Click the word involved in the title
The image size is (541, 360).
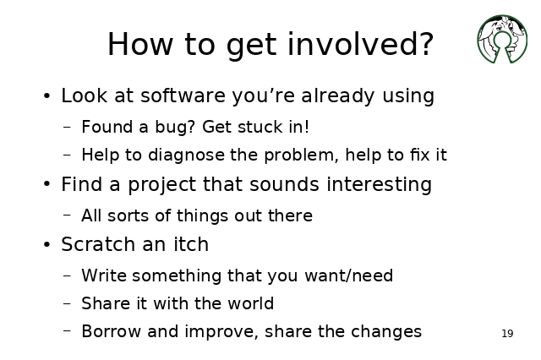[360, 44]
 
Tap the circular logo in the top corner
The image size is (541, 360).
[502, 39]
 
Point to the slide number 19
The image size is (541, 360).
[507, 334]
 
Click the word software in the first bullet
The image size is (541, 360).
[183, 95]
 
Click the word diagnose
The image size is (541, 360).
[186, 155]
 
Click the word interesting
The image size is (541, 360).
[379, 184]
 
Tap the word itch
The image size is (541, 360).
[191, 244]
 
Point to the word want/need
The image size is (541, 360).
[349, 275]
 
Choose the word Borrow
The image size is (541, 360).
[111, 331]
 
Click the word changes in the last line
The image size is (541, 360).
[386, 332]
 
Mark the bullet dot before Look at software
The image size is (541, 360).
[47, 96]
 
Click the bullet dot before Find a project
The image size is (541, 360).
[47, 184]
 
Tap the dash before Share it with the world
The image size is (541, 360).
[68, 303]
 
